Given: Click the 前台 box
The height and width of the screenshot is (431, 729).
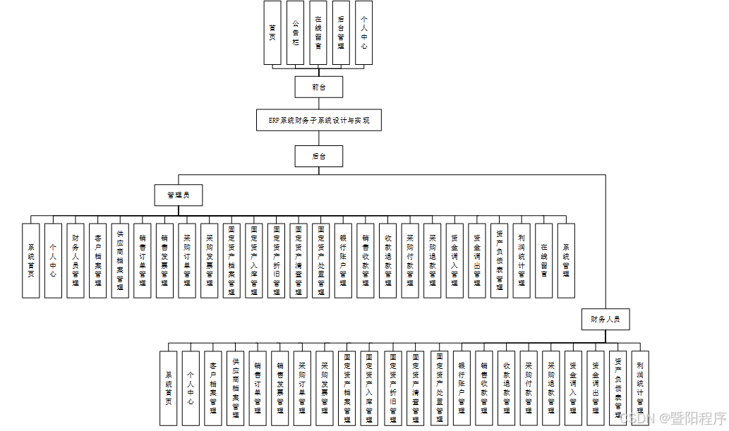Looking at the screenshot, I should pos(319,87).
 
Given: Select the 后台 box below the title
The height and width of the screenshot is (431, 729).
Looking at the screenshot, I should pos(319,156).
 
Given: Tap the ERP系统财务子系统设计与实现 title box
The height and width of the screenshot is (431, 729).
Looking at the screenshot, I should pos(319,120).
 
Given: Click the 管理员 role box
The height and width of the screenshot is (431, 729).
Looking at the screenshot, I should pos(179,195).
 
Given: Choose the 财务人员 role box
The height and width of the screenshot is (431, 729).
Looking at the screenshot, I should pos(605,319).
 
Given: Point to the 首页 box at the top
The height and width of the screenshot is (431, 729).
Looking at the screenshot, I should pos(272,33).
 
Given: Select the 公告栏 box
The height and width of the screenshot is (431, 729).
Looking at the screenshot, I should pos(296,33).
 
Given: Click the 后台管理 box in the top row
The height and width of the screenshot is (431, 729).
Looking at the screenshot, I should pos(341,33).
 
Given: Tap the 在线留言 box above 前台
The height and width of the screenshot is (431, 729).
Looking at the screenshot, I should pos(318,33).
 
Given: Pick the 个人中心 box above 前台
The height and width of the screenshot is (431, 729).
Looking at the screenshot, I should pos(363,33).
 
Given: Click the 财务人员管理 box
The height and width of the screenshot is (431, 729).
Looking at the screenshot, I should pos(76,260).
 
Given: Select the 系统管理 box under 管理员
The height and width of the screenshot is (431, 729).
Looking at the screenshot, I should pos(566,260).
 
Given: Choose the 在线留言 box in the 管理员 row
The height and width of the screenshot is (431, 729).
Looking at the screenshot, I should pos(543,260).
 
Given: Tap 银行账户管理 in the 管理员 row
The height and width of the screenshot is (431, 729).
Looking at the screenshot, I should pos(343,260).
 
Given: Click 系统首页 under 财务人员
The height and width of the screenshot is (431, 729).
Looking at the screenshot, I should pos(168,388).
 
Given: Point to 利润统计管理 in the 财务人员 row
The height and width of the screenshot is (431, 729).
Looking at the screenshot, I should pos(639,388).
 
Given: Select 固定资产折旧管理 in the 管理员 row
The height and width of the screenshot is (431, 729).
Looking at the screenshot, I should pos(276,260).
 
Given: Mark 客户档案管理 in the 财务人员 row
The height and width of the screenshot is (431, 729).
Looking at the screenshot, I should pos(213,388).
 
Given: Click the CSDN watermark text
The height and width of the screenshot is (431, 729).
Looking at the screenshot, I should pos(672,418).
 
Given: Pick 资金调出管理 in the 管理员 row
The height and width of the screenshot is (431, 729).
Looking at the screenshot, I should pos(477,260).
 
